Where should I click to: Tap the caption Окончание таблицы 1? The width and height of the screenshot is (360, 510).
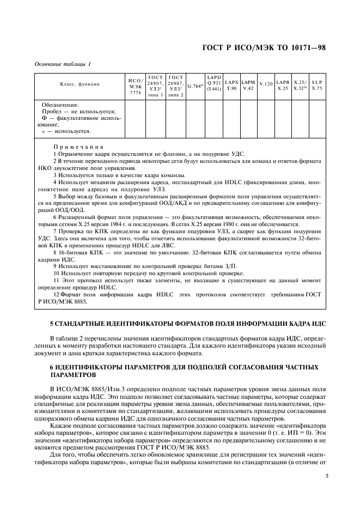point(63,64)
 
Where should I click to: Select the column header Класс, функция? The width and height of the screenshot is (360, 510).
point(79,85)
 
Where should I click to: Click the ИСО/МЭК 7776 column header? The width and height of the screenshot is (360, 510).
point(135,86)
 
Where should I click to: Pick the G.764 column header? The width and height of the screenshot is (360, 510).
point(194,86)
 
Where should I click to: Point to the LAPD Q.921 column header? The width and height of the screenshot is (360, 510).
point(213,83)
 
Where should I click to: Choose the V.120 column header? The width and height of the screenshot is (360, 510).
point(266,85)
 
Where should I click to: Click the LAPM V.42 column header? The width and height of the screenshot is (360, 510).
point(248,85)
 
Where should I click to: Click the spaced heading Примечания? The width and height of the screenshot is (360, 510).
point(78,147)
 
